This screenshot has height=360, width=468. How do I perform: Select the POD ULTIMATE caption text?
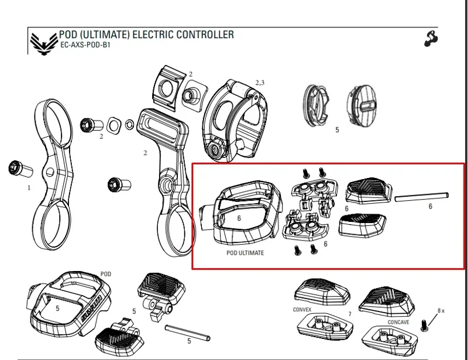pos(245,253)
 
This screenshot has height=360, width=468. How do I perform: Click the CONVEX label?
pos(302,309)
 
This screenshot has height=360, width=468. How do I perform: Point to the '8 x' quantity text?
pos(441,310)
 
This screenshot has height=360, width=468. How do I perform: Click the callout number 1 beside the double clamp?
pos(29,188)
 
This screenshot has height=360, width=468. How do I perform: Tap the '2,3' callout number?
pos(259,83)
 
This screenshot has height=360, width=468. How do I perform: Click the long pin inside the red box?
pos(422,196)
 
